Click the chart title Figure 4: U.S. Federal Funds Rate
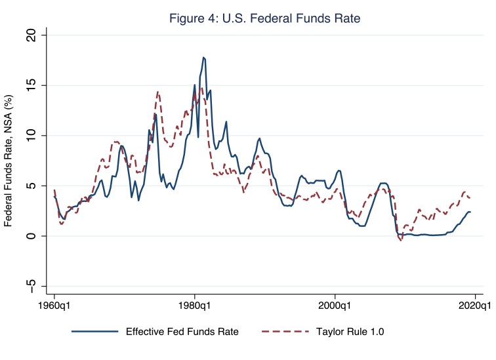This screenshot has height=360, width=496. pyautogui.click(x=260, y=18)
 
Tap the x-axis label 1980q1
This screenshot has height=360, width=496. pyautogui.click(x=194, y=306)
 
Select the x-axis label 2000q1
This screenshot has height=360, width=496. pyautogui.click(x=335, y=306)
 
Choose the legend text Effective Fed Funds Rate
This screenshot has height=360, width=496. pyautogui.click(x=182, y=331)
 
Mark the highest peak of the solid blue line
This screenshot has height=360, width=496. pyautogui.click(x=204, y=57)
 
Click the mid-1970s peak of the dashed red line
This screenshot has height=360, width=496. pyautogui.click(x=158, y=92)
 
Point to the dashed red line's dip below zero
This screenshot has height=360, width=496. pyautogui.click(x=401, y=241)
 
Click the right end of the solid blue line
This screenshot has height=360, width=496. pyautogui.click(x=470, y=212)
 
